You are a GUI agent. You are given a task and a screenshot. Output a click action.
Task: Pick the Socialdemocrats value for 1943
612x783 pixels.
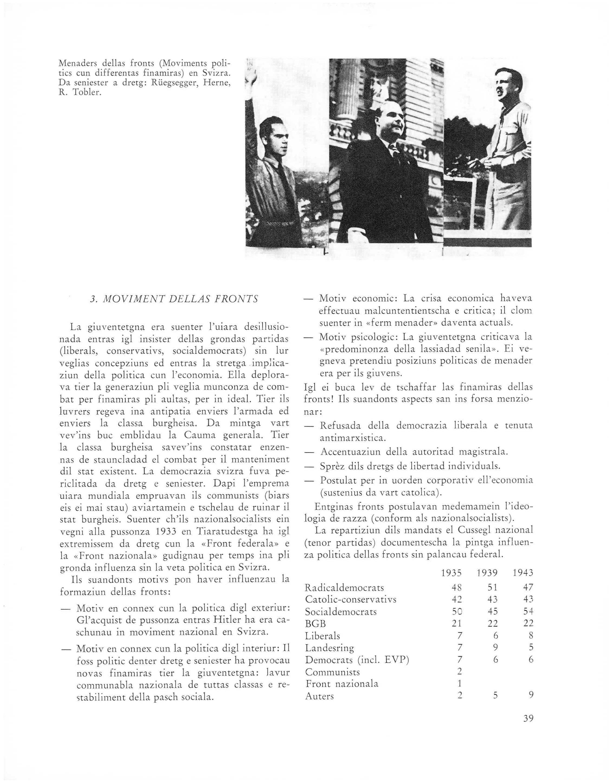[x=528, y=611]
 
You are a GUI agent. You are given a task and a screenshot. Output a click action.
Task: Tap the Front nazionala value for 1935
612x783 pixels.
[x=459, y=683]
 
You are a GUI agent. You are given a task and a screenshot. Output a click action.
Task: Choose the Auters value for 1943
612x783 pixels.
[x=531, y=695]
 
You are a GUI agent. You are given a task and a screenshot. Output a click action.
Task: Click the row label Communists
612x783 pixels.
[x=333, y=671]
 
